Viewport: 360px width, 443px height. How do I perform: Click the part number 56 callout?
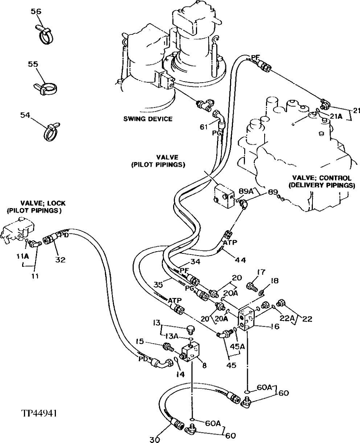coord(36,12)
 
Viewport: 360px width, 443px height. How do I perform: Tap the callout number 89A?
coord(245,191)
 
